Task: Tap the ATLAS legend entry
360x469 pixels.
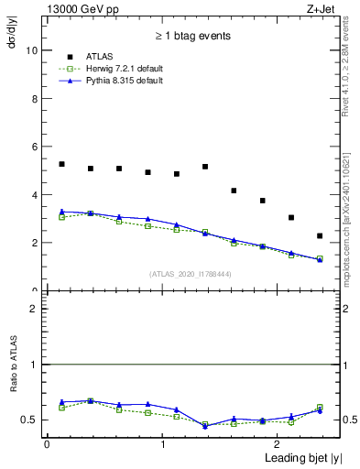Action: click(x=100, y=56)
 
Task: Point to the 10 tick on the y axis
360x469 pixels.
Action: click(x=33, y=51)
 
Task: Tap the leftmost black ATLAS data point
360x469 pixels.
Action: click(x=61, y=164)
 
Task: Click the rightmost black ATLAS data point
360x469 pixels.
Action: click(x=320, y=236)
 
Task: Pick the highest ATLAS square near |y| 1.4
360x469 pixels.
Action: click(x=205, y=167)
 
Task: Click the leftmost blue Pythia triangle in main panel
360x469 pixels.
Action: click(x=61, y=212)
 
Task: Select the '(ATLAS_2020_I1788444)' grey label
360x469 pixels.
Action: click(x=190, y=274)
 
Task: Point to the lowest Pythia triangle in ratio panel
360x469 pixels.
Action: click(x=205, y=426)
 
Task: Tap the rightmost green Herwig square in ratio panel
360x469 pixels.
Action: click(x=320, y=408)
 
